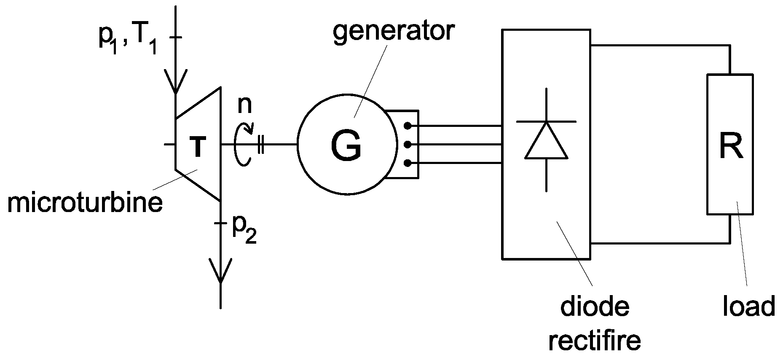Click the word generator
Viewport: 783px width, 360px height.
394,32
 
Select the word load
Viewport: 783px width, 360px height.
748,307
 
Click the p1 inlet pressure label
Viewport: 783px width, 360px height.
109,42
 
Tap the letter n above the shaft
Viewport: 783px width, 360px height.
244,105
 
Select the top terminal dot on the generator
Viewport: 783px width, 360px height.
407,126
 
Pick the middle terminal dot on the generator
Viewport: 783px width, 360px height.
407,145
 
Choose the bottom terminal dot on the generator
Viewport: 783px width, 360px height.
407,163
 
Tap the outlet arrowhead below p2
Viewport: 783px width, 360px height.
220,272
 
